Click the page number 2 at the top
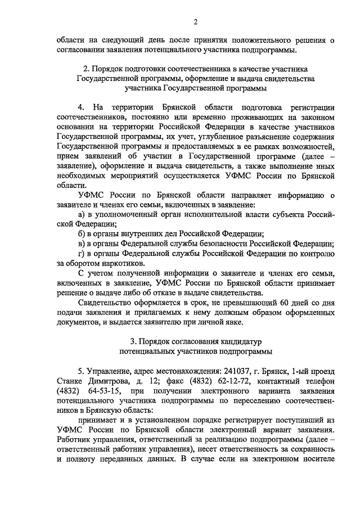coord(195,22)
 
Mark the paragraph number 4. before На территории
coord(82,107)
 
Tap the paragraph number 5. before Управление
coord(82,372)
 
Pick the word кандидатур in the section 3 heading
coord(240,341)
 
